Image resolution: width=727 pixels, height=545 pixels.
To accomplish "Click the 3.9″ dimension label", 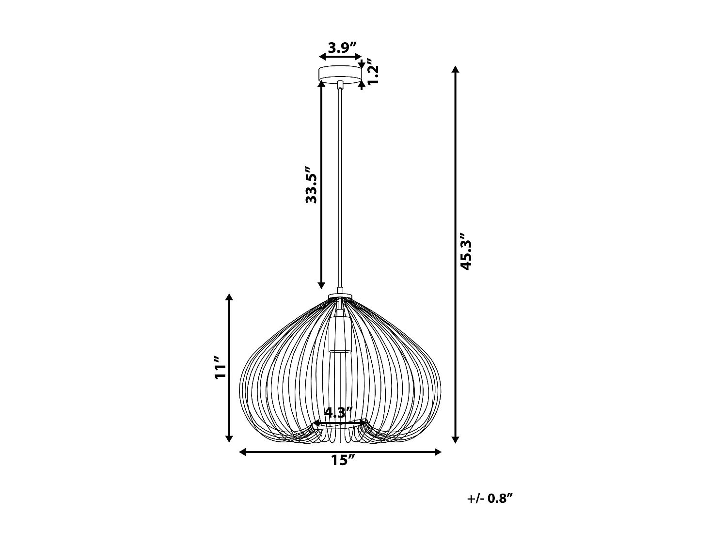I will click(x=342, y=47).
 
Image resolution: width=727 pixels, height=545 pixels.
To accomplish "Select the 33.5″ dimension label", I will click(x=311, y=185).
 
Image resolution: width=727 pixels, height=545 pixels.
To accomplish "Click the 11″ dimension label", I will click(x=221, y=369).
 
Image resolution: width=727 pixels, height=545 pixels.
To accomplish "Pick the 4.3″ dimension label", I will click(x=338, y=413).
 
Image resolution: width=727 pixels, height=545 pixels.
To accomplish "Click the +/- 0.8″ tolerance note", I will click(x=490, y=498).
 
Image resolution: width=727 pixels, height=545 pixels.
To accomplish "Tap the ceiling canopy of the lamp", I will click(x=340, y=74).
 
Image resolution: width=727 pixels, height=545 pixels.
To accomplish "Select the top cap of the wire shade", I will click(x=340, y=296).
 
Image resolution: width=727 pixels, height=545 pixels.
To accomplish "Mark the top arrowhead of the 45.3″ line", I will click(x=455, y=70).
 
